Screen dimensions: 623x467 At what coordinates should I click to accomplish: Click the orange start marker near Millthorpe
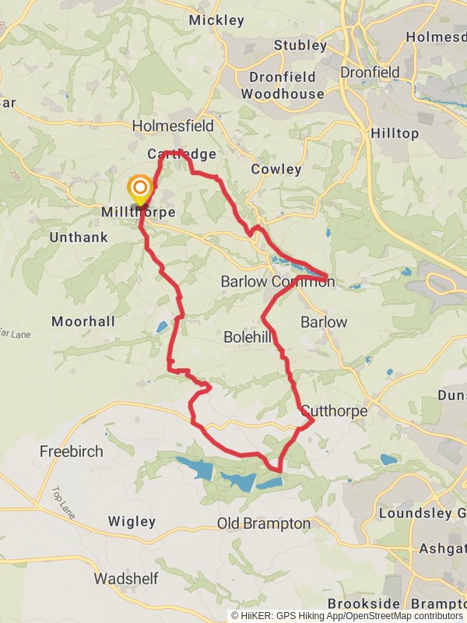tap(140, 188)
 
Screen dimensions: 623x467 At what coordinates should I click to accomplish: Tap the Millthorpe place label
tap(138, 212)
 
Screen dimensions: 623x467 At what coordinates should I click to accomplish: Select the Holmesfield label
tap(173, 125)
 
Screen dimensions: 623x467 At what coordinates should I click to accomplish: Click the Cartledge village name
tap(181, 154)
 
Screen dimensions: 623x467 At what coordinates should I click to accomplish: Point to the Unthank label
tap(79, 237)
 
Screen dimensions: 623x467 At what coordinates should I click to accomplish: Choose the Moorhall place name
tap(83, 321)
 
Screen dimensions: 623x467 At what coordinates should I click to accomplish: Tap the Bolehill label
tap(248, 337)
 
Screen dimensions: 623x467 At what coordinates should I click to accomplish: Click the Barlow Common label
tap(278, 281)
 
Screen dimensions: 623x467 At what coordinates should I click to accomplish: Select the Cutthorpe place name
tap(333, 410)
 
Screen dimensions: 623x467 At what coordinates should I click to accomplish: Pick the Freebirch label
tap(71, 451)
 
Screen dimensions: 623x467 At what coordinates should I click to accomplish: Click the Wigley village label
tap(132, 521)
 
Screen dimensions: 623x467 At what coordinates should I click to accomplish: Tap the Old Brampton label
tap(263, 523)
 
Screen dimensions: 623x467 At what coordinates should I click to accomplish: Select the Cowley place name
tap(276, 169)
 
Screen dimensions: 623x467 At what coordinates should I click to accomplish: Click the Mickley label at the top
tap(216, 20)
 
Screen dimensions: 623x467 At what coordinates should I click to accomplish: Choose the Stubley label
tap(300, 45)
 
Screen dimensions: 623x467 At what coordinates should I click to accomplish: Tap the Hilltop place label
tap(394, 133)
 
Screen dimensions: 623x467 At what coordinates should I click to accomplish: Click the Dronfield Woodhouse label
tap(283, 86)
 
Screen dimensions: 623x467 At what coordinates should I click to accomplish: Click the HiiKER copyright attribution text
tap(346, 615)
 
